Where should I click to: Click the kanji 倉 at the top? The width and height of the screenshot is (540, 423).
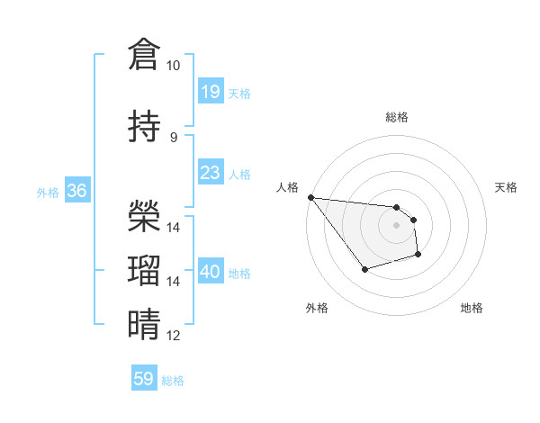point(144,54)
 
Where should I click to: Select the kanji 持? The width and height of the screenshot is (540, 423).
point(144,127)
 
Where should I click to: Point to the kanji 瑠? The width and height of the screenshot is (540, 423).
point(144,270)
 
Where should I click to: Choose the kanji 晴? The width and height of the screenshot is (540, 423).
point(144,325)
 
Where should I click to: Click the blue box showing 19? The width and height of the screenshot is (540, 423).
point(210,92)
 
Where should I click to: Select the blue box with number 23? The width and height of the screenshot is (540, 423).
point(210,173)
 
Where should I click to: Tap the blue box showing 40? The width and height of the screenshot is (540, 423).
point(210,272)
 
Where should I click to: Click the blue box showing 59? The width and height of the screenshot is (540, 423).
point(144,379)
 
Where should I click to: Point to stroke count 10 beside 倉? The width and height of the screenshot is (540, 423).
point(173,66)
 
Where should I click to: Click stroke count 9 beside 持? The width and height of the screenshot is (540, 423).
point(174,137)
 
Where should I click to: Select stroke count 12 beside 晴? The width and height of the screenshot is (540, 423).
point(174,336)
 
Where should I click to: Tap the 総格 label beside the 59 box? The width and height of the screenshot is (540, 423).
point(173,381)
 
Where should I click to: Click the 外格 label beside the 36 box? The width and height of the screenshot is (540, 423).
point(47,192)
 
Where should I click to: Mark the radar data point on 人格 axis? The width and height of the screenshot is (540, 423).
point(310,197)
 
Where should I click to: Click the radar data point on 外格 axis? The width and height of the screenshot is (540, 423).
point(364,269)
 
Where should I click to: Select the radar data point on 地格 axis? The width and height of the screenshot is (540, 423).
point(418,255)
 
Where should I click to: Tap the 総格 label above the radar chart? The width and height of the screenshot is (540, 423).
point(397,117)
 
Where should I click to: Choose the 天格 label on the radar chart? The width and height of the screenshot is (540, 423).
point(507,187)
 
